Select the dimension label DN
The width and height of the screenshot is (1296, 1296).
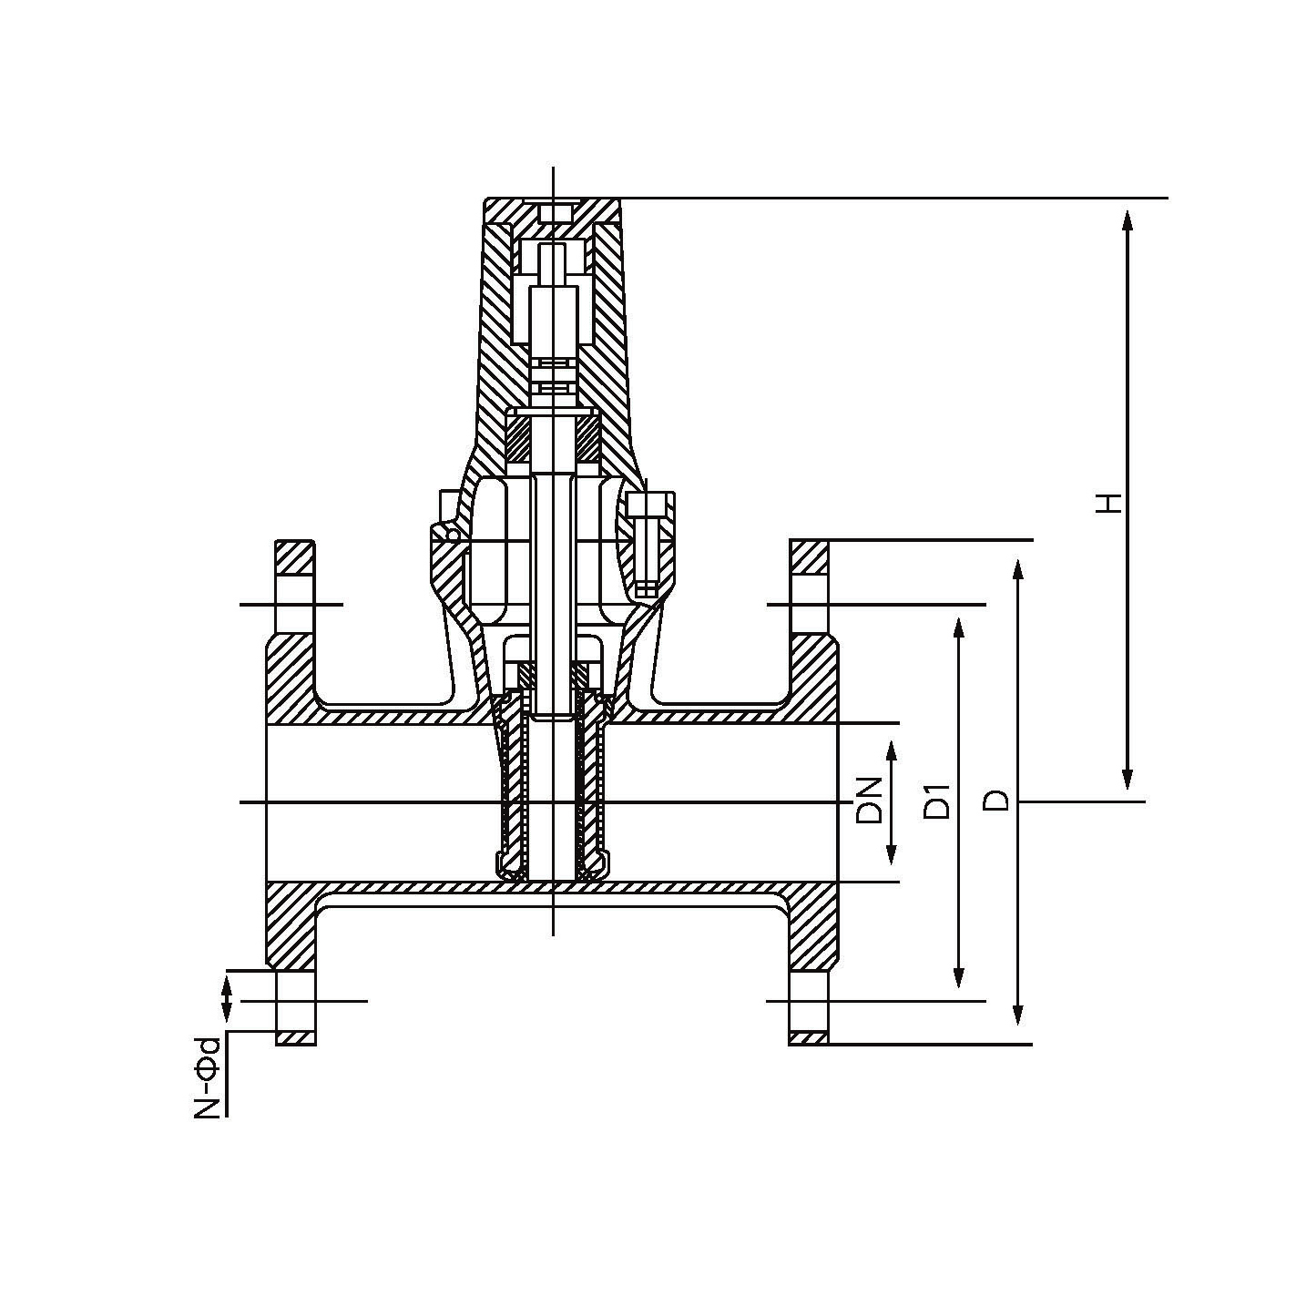[x=870, y=801]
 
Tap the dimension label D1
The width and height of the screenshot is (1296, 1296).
[x=937, y=801]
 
